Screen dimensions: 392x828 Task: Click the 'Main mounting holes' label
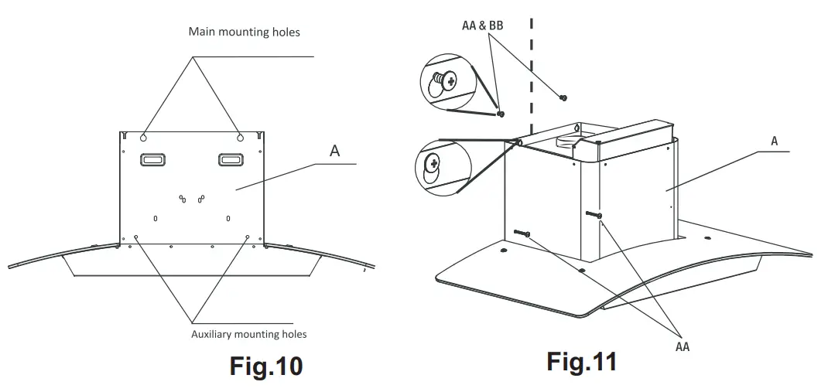pos(244,32)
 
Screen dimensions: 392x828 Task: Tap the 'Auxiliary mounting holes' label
pos(248,334)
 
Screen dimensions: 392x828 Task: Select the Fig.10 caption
pos(265,365)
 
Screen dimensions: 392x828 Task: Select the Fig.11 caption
pos(581,360)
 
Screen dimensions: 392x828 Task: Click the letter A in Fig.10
pos(334,151)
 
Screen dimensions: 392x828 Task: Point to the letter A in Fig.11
pos(774,141)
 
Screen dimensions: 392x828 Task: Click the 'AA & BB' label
pos(482,26)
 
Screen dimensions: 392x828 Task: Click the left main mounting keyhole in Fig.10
pos(145,136)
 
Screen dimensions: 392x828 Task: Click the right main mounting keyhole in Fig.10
pos(240,136)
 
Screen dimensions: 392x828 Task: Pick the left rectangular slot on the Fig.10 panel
pos(152,159)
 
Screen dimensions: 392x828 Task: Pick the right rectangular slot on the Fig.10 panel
pos(231,159)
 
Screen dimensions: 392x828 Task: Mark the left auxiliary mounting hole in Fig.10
pos(136,237)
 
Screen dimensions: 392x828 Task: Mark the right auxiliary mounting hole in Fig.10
pos(248,237)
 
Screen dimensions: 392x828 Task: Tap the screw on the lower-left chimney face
pos(520,233)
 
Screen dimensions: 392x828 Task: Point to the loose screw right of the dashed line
pos(563,97)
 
